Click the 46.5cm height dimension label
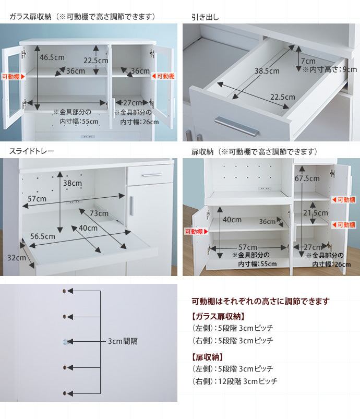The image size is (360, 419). click(52, 57)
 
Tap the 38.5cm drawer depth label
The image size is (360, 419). click(267, 71)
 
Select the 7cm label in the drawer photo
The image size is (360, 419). click(308, 61)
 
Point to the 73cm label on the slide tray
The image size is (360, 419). click(99, 213)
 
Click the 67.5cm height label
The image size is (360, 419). click(307, 178)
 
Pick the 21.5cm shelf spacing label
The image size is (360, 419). click(315, 213)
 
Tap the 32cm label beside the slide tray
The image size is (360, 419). click(17, 258)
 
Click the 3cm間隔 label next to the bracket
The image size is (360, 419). click(123, 341)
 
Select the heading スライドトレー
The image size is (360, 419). click(32, 151)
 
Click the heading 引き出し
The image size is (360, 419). click(205, 17)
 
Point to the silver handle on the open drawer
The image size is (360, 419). click(237, 126)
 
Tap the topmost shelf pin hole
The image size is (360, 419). click(64, 291)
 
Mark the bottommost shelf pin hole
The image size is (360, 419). click(64, 393)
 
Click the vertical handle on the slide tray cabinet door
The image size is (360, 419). click(131, 206)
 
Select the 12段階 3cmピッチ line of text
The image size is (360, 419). click(248, 381)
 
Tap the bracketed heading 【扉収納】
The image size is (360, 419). click(208, 357)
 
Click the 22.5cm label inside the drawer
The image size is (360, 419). click(283, 97)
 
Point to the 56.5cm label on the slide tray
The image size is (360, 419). click(43, 236)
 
